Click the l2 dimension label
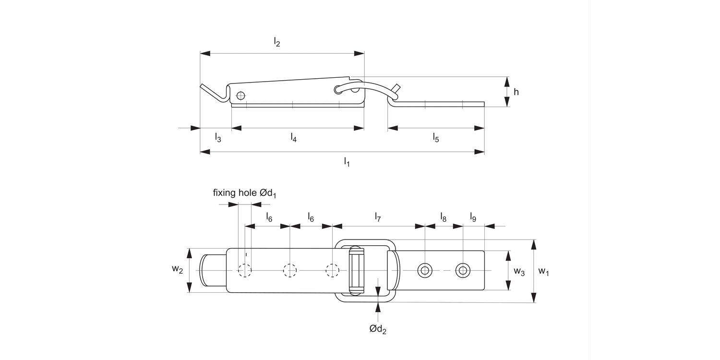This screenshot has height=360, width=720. click(x=277, y=43)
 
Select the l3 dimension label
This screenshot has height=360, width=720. click(x=217, y=138)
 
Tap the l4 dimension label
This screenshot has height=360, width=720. click(x=293, y=138)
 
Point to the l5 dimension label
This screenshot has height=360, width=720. click(x=436, y=138)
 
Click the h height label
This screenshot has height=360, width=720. click(x=516, y=92)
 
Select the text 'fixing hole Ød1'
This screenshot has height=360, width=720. click(x=245, y=193)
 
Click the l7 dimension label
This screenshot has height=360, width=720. click(x=378, y=217)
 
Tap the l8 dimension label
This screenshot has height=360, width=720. click(x=443, y=217)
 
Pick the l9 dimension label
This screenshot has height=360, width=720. click(x=473, y=217)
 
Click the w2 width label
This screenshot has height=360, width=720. click(x=178, y=270)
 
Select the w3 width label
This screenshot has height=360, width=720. click(x=519, y=271)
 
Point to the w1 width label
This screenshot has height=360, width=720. click(x=543, y=271)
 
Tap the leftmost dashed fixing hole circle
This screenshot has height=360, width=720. click(x=245, y=271)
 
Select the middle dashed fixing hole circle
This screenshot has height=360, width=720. click(x=290, y=271)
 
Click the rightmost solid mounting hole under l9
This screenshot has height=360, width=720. click(x=462, y=270)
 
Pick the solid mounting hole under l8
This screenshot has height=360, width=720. click(x=424, y=270)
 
